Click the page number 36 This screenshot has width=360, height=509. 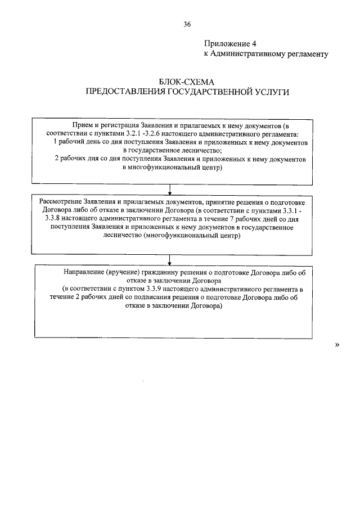pyautogui.click(x=187, y=24)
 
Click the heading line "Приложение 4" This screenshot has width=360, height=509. pyautogui.click(x=232, y=43)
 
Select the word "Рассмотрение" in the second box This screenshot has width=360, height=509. pyautogui.click(x=60, y=202)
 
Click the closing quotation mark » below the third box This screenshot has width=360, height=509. pyautogui.click(x=337, y=345)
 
